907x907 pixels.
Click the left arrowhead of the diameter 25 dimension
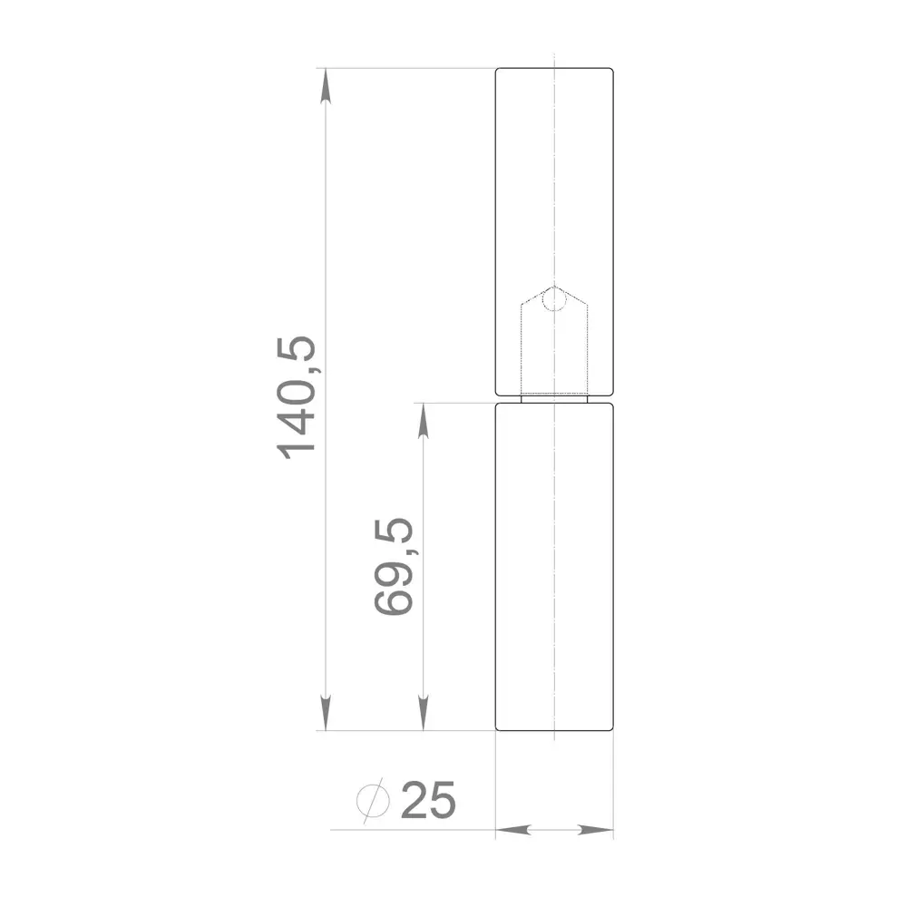pos(510,830)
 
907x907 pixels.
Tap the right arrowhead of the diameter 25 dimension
pos(600,830)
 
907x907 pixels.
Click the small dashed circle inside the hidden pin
pos(553,298)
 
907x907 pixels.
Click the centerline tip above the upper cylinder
pos(553,57)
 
